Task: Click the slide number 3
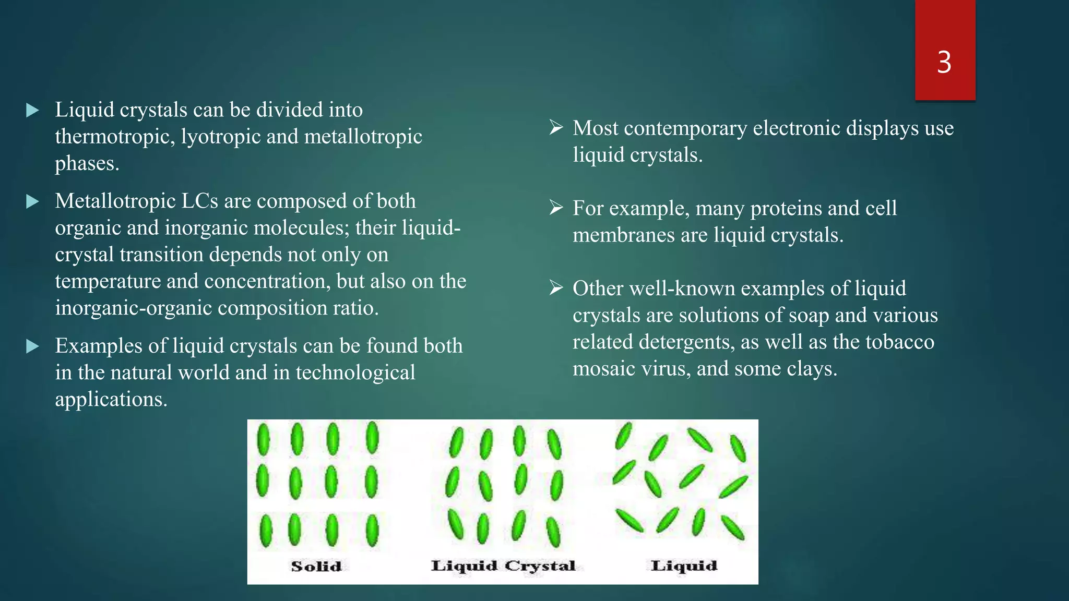click(944, 63)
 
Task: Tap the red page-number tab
click(945, 31)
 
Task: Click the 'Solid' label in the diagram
click(316, 566)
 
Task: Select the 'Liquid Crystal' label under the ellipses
click(503, 566)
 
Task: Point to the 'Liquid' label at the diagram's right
click(684, 566)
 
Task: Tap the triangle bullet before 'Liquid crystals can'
click(32, 110)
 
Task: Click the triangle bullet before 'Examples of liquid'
click(32, 346)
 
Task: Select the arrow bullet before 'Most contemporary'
click(556, 127)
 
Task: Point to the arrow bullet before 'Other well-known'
click(556, 287)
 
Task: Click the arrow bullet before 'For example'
click(556, 208)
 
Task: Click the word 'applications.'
click(111, 400)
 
